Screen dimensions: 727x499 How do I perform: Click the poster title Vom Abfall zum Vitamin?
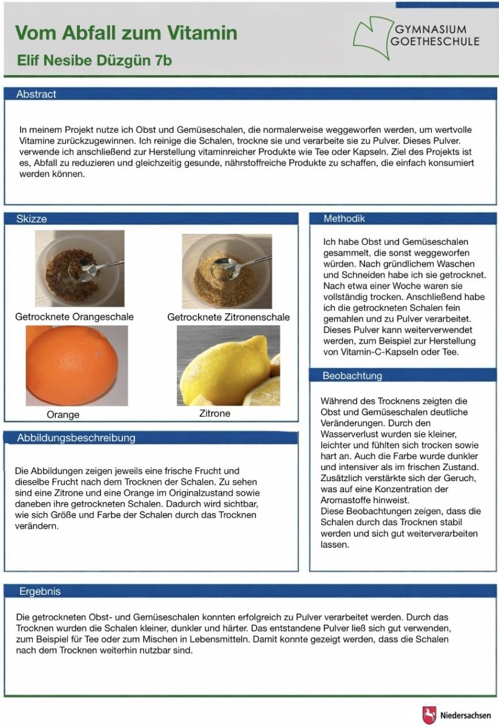click(x=126, y=33)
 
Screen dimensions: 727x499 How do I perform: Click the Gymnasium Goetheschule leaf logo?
click(x=371, y=38)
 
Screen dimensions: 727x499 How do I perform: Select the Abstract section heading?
click(x=36, y=94)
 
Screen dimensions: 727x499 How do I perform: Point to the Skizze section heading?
click(x=31, y=219)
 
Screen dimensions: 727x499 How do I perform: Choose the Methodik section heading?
click(x=344, y=219)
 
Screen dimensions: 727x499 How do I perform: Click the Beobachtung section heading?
click(x=352, y=376)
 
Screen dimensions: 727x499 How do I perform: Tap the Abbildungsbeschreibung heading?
click(x=76, y=437)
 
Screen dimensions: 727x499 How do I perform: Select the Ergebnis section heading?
click(x=40, y=591)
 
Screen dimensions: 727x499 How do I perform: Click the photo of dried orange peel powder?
click(x=80, y=268)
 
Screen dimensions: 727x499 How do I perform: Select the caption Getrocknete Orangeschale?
click(x=74, y=317)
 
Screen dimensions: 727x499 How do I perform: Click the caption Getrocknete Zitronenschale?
click(x=228, y=317)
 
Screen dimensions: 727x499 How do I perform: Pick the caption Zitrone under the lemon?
click(x=214, y=414)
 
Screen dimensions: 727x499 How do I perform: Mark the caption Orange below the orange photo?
click(x=63, y=415)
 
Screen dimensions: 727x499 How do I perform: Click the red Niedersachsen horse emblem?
click(x=429, y=714)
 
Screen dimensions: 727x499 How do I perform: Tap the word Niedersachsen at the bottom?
click(x=465, y=715)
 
